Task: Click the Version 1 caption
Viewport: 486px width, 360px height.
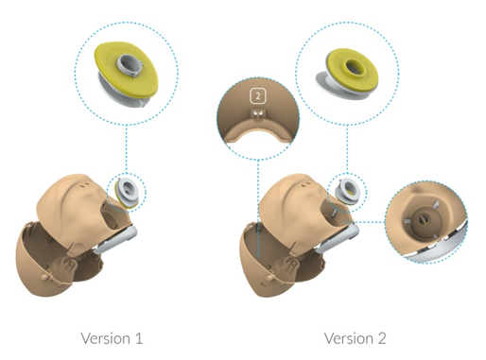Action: pyautogui.click(x=112, y=338)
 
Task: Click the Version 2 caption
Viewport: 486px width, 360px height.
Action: pyautogui.click(x=355, y=338)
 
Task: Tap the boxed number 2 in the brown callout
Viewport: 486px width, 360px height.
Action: pyautogui.click(x=258, y=96)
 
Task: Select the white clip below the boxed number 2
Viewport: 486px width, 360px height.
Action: pyautogui.click(x=258, y=114)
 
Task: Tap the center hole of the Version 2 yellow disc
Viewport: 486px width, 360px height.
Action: pyautogui.click(x=353, y=67)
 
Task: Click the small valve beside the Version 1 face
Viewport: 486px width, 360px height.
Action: pyautogui.click(x=127, y=192)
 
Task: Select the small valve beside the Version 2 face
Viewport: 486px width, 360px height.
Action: pyautogui.click(x=347, y=192)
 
